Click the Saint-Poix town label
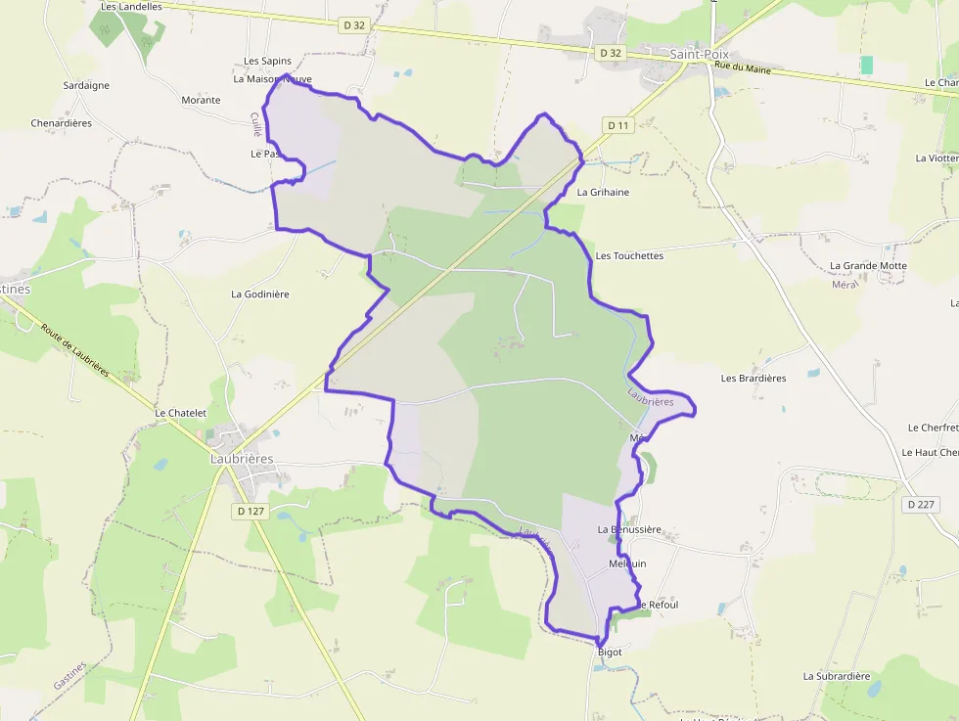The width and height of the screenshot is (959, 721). pyautogui.click(x=700, y=55)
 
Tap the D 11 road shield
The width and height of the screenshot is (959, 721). pyautogui.click(x=618, y=124)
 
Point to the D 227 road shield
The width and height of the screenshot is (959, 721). pyautogui.click(x=920, y=505)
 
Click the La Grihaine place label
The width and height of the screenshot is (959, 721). pyautogui.click(x=603, y=193)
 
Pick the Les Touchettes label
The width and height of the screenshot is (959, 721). pyautogui.click(x=629, y=256)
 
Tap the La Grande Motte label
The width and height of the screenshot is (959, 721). pyautogui.click(x=868, y=266)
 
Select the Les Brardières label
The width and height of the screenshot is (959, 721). pyautogui.click(x=753, y=379)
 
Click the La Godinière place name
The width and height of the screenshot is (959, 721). pyautogui.click(x=260, y=294)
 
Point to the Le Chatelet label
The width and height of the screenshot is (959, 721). pyautogui.click(x=181, y=414)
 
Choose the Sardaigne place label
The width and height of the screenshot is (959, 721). pyautogui.click(x=86, y=86)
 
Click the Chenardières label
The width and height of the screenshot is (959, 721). pyautogui.click(x=62, y=123)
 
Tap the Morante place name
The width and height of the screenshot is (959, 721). pyautogui.click(x=201, y=101)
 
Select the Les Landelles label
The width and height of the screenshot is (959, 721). pyautogui.click(x=131, y=6)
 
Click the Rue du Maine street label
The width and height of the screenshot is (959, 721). pyautogui.click(x=743, y=68)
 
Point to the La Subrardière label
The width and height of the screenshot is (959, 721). pyautogui.click(x=837, y=676)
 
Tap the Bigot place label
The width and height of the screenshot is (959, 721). pyautogui.click(x=609, y=653)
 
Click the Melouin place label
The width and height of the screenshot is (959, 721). pyautogui.click(x=627, y=564)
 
